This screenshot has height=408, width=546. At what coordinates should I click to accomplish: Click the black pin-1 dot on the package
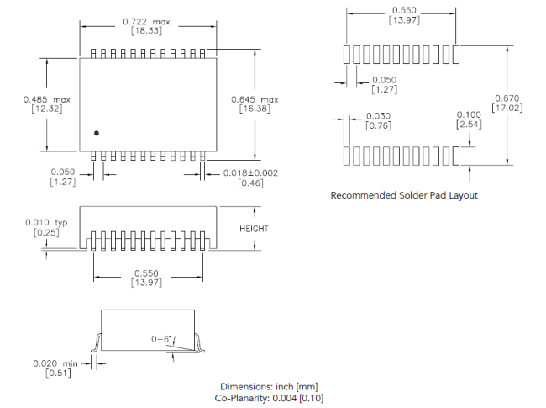click(x=97, y=132)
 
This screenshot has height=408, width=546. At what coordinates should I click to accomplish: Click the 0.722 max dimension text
click(x=146, y=20)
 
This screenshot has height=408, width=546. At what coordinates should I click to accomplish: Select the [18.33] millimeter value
click(x=146, y=30)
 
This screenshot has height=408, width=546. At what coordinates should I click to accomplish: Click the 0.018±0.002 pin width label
click(x=248, y=172)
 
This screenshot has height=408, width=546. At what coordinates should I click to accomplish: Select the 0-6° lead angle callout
click(x=161, y=338)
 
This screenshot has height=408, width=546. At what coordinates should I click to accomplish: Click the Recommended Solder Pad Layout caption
click(x=404, y=195)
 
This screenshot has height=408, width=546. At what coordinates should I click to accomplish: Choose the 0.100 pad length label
click(x=468, y=114)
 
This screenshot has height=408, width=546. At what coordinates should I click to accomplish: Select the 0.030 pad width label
click(x=378, y=116)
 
